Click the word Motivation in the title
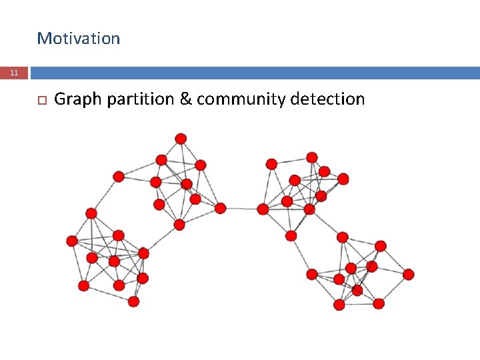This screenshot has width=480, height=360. point(79,39)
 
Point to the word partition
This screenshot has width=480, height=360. point(139,100)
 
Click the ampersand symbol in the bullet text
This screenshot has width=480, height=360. point(185,100)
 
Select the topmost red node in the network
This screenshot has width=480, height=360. point(181,139)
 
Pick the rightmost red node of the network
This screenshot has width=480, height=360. point(409,274)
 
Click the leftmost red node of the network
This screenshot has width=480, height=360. point(71,241)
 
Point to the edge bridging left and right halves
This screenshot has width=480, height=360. point(241,209)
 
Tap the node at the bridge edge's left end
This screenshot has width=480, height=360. point(221,208)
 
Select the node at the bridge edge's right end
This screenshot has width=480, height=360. point(263,209)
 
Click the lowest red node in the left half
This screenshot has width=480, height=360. point(133,301)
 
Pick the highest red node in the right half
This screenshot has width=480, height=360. point(312,157)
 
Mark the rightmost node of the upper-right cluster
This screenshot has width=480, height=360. point(343,179)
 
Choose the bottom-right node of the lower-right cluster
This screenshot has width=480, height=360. point(379,303)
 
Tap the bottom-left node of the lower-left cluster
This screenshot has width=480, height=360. point(83,285)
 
